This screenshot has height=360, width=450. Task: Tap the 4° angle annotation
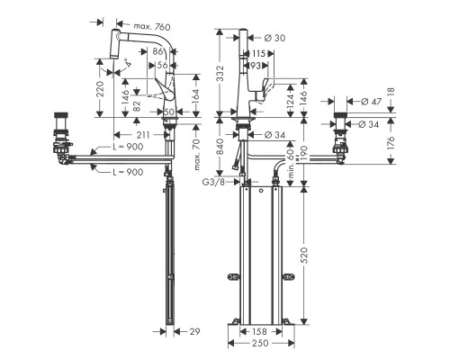(128, 64)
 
